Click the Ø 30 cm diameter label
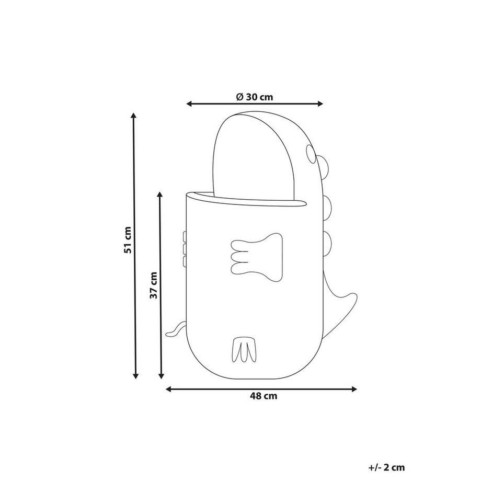[254, 97]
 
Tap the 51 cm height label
[128, 240]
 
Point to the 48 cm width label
[263, 396]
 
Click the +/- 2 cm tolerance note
[386, 467]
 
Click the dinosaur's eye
[311, 154]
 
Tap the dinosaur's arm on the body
[257, 257]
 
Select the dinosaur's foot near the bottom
[244, 350]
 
